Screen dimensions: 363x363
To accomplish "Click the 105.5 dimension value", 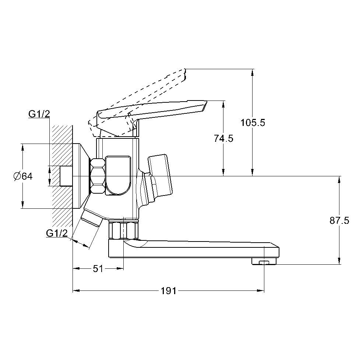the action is pos(253,123).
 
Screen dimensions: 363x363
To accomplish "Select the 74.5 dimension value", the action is pos(223,138).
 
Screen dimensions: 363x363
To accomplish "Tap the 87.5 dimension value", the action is pos(339,221).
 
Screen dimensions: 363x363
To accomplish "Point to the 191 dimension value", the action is pos(169,291).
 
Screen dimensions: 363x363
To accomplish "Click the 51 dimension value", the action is pos(98,269).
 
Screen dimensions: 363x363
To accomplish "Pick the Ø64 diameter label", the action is pos(23,176).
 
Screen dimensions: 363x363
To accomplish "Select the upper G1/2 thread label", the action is pos(39,114).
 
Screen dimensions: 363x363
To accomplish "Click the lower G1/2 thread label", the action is pos(57,233).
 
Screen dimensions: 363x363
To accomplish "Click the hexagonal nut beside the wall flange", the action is pos(98,176).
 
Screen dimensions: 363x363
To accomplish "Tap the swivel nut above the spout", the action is pos(124,230).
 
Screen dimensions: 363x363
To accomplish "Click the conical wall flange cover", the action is pos(81,176).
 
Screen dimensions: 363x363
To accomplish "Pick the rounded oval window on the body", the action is pos(118,175).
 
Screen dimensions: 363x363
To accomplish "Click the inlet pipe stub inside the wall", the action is pos(66,176).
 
